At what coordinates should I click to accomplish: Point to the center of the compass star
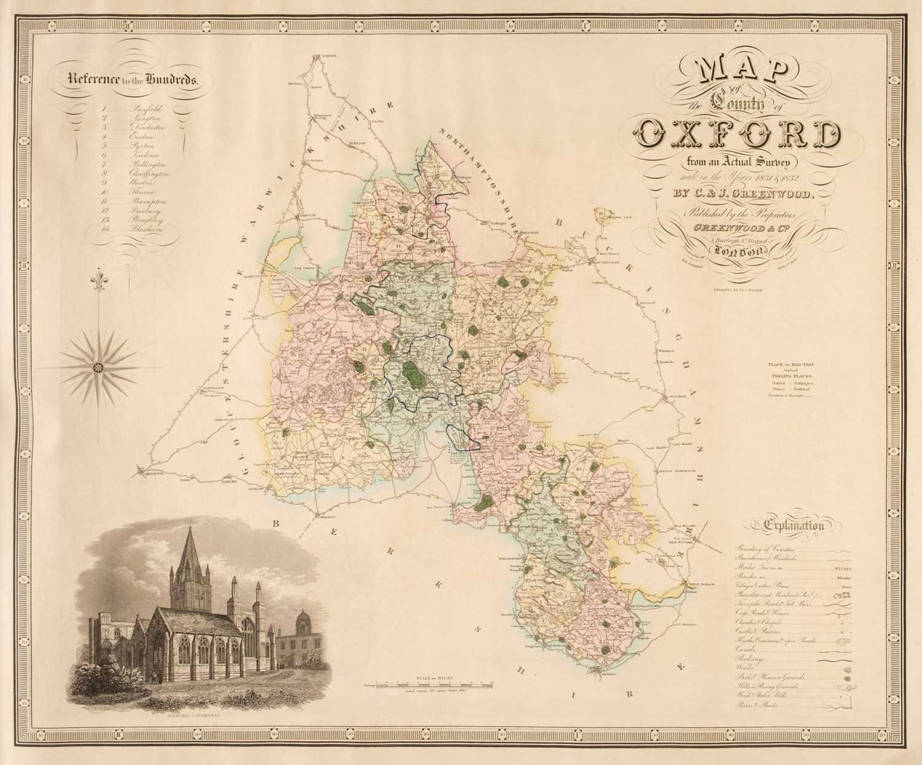coord(97,367)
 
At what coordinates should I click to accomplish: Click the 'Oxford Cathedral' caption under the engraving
coord(186,716)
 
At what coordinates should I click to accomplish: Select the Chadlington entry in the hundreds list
coord(149,174)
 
